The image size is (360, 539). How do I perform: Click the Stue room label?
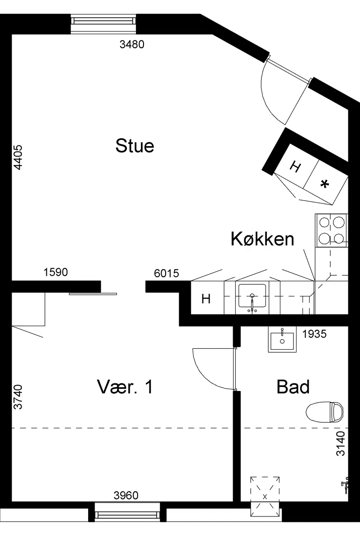(135, 145)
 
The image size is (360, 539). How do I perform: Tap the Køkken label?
(262, 238)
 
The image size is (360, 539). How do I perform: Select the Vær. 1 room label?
(125, 387)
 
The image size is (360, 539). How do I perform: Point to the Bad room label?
(293, 387)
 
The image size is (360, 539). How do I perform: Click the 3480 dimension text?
(132, 44)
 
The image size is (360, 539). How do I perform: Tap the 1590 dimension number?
(56, 272)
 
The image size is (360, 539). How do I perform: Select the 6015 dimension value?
(166, 273)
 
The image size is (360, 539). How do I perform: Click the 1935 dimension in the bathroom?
(314, 334)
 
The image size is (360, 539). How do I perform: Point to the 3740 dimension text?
(18, 397)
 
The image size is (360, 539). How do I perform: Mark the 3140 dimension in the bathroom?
(340, 444)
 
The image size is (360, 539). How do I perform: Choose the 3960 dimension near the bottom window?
(126, 495)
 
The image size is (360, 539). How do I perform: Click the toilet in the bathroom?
(324, 412)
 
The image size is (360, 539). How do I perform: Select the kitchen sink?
(252, 296)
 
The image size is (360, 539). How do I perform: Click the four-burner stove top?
(332, 230)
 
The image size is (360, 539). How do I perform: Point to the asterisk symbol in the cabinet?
(324, 185)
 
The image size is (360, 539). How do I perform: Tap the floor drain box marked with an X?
(265, 497)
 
